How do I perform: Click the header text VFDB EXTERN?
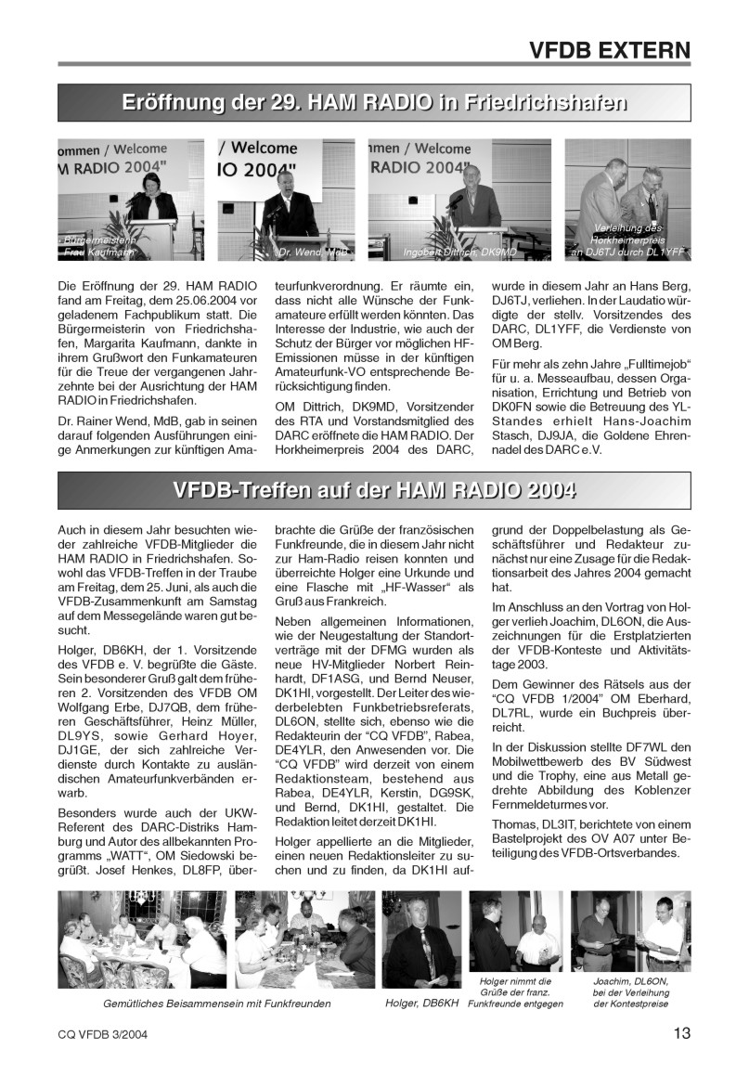tap(609, 49)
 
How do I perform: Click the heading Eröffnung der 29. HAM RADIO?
tap(374, 103)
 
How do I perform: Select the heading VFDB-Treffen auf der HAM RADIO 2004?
tap(374, 490)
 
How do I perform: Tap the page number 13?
tap(681, 1032)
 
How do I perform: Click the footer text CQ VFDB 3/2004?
tap(102, 1033)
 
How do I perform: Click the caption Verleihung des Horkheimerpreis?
tap(627, 240)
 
